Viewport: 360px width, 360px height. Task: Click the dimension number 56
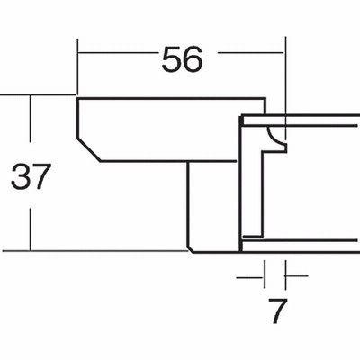click(x=183, y=59)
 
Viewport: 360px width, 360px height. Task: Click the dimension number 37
click(x=30, y=176)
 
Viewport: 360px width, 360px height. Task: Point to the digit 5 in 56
click(x=171, y=59)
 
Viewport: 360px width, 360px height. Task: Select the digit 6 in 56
click(x=193, y=59)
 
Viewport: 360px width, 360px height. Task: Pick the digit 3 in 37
click(x=20, y=176)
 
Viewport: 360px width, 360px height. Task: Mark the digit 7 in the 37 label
click(x=39, y=176)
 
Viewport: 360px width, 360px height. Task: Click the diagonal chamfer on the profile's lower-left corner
click(x=89, y=150)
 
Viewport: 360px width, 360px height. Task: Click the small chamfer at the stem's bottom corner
click(x=190, y=249)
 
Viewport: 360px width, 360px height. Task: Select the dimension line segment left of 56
click(x=118, y=53)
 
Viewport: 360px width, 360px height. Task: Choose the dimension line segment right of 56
click(x=250, y=53)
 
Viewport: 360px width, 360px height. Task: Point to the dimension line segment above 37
click(x=30, y=119)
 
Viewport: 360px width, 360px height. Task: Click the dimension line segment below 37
click(x=30, y=229)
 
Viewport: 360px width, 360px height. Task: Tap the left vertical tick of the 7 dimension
click(x=265, y=274)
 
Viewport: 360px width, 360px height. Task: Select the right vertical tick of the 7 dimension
click(x=285, y=274)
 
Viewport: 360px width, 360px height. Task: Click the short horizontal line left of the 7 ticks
click(x=249, y=277)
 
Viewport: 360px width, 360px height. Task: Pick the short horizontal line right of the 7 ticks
click(x=297, y=275)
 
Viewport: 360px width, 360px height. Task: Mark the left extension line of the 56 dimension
click(x=77, y=67)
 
